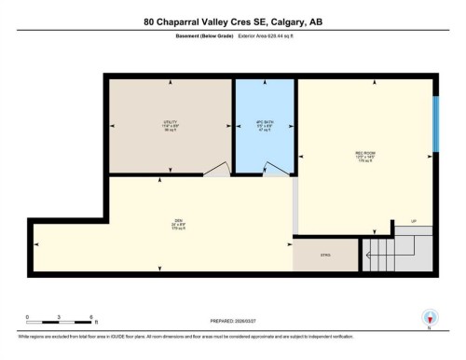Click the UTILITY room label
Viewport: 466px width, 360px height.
point(169,122)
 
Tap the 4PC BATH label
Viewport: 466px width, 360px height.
point(265,122)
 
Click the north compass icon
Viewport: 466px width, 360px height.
point(429,318)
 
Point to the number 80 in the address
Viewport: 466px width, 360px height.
point(150,21)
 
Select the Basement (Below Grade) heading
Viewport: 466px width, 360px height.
point(205,36)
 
